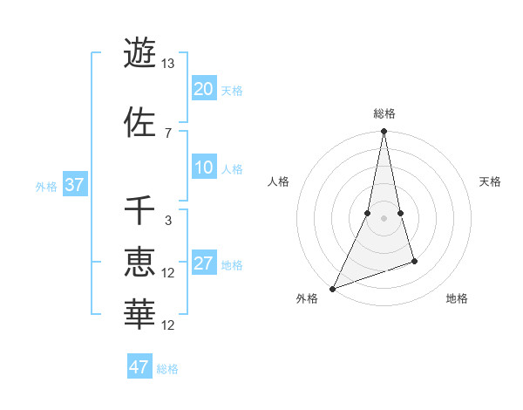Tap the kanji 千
139,210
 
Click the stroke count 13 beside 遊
168,64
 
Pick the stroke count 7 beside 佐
168,133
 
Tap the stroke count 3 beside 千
168,220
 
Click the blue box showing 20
204,89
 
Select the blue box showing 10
204,168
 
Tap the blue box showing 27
204,264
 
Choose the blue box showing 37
74,186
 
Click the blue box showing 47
139,367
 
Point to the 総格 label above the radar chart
384,113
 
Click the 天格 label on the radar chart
491,181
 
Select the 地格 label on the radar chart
457,298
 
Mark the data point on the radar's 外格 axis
332,288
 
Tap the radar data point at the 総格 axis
384,132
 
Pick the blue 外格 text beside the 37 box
46,186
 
